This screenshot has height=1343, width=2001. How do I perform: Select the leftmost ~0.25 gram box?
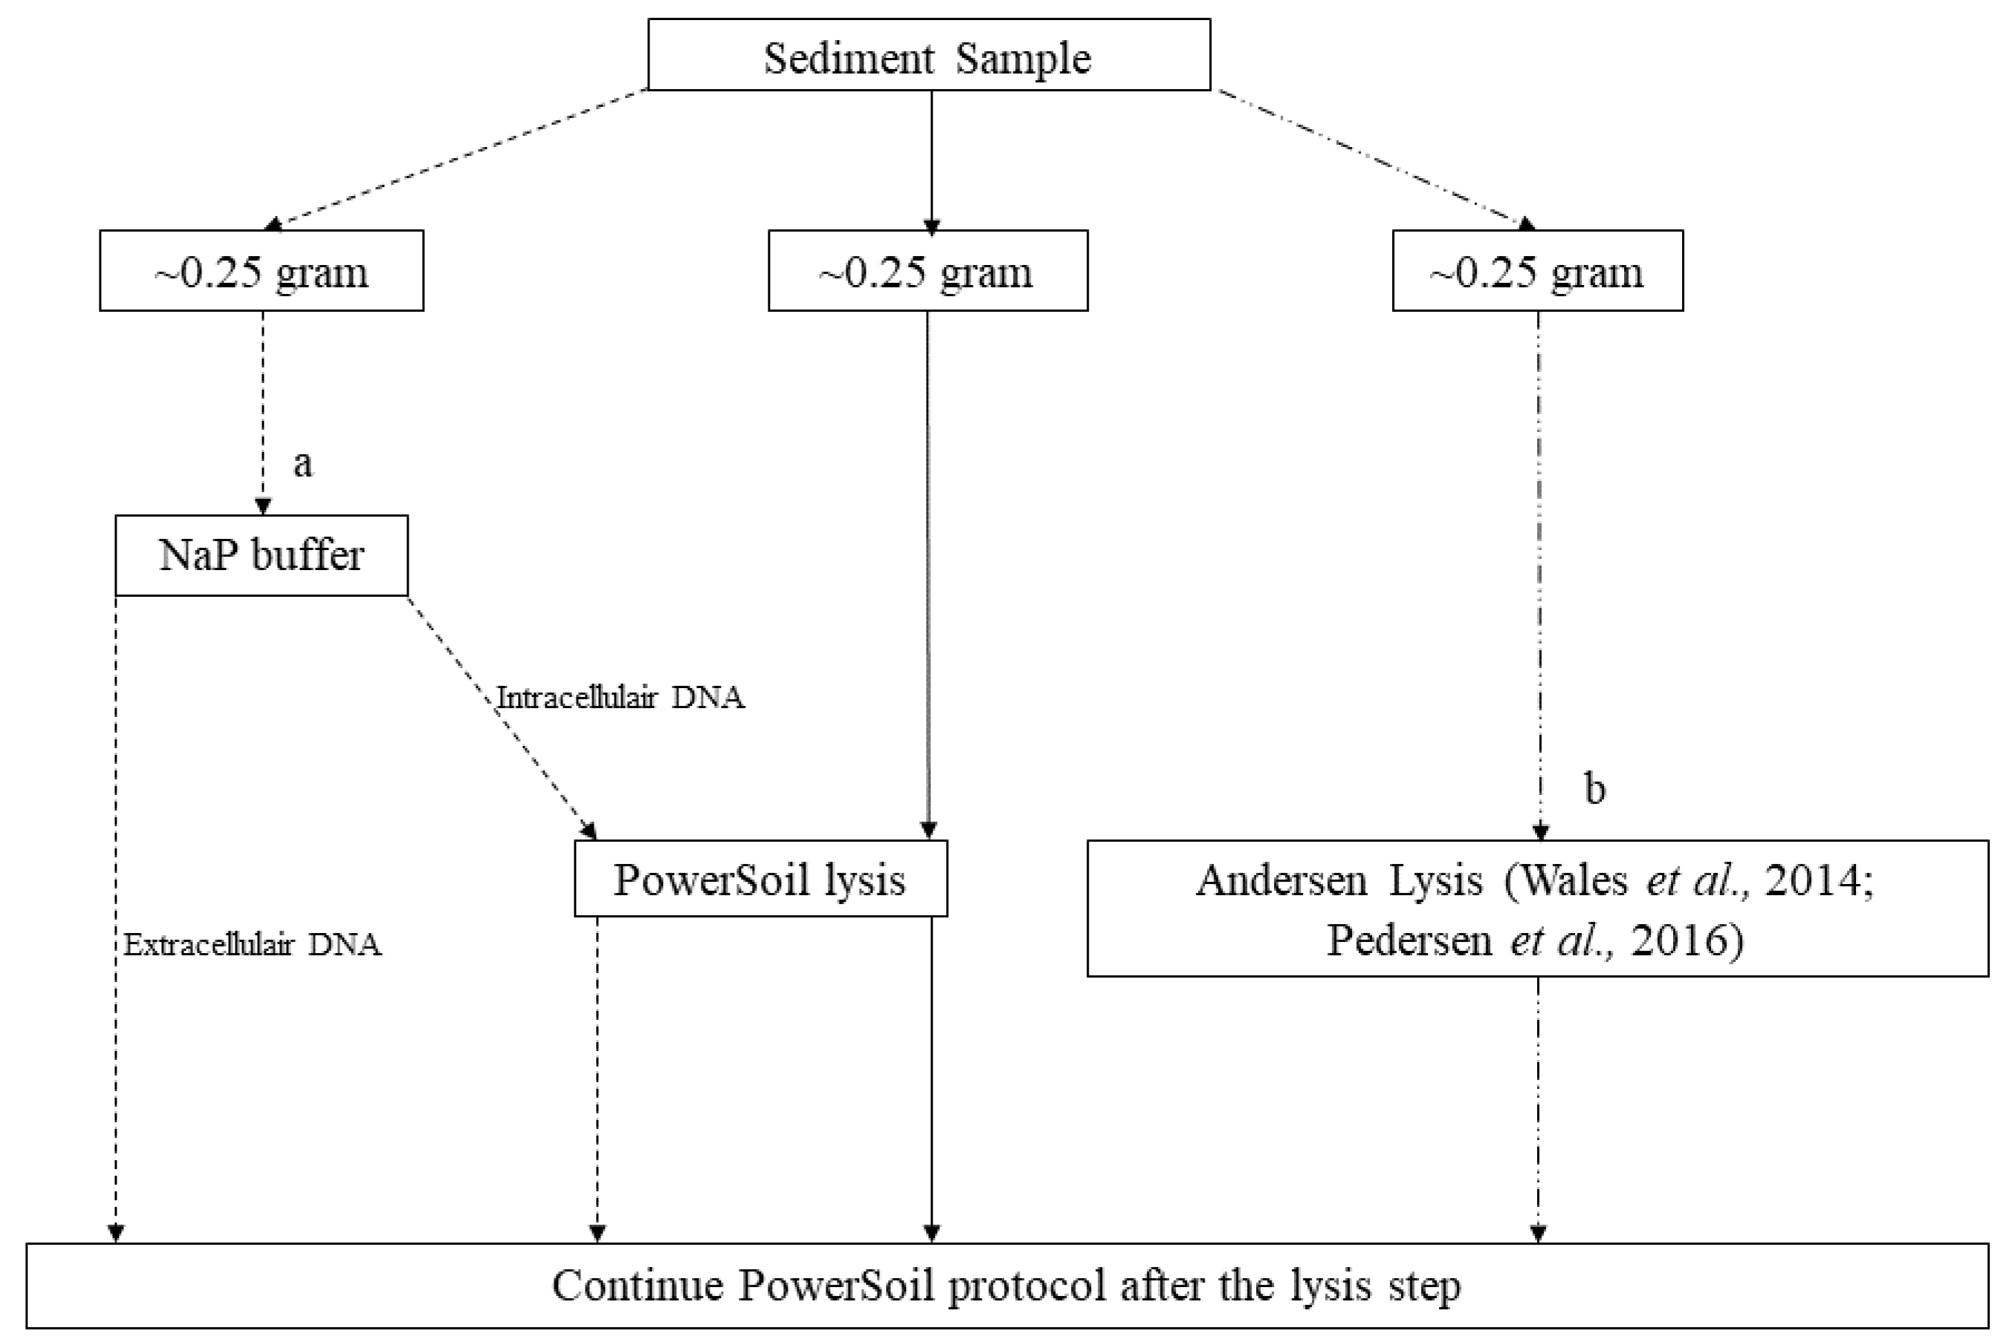point(262,271)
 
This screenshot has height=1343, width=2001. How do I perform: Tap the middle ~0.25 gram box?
point(927,271)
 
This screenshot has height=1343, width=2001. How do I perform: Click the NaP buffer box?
point(262,555)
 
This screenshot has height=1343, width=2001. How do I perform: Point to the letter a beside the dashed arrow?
point(302,463)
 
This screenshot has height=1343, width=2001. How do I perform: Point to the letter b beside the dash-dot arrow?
point(1594,788)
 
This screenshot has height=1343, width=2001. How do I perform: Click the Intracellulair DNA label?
point(620,697)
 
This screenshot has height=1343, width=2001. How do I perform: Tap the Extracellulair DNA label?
point(252,945)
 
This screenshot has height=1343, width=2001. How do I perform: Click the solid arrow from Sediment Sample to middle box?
point(931,159)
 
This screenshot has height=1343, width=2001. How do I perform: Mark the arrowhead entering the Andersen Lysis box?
point(1540,831)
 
